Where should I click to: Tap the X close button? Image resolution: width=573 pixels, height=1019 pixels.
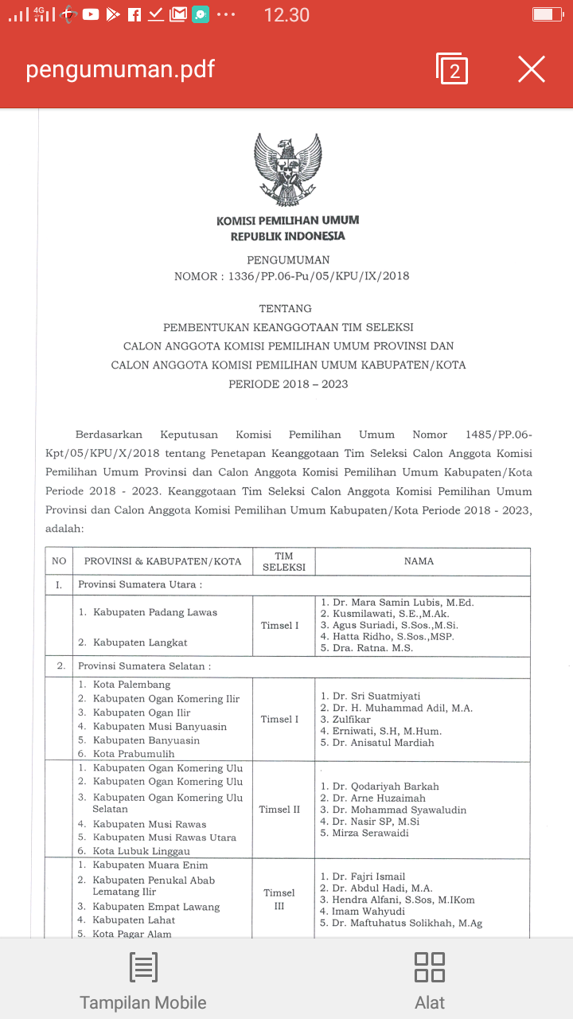[532, 69]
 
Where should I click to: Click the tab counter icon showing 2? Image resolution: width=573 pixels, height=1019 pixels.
[452, 69]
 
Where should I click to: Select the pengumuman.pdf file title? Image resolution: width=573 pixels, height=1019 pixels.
[120, 69]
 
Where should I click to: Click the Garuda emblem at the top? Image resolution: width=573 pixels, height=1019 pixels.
[287, 170]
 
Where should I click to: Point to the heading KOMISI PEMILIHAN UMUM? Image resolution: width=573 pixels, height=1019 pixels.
[287, 221]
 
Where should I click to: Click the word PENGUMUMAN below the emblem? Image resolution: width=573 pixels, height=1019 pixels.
[288, 260]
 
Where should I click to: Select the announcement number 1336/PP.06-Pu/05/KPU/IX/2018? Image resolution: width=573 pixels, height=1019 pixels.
[318, 276]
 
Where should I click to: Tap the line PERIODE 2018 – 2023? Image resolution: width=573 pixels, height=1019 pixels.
[288, 384]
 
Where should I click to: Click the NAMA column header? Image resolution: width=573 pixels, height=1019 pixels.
[419, 561]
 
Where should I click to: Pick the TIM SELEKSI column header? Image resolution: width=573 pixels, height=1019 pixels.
[284, 561]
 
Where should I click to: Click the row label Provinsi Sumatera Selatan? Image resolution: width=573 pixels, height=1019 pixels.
[144, 666]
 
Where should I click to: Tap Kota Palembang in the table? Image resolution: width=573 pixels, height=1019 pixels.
[131, 685]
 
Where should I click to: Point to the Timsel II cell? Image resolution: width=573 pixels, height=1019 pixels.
[279, 810]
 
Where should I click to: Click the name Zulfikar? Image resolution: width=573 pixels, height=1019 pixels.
[351, 720]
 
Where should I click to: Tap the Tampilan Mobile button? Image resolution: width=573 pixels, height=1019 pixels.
[143, 981]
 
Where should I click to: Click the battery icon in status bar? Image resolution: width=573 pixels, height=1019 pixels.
[548, 14]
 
